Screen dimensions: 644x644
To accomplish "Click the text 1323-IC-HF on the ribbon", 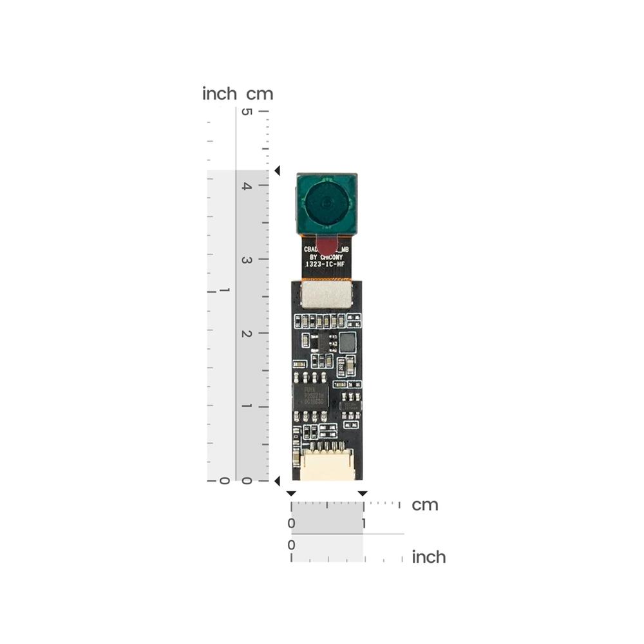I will tap(327, 263).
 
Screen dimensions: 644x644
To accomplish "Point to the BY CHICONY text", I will tap(327, 256).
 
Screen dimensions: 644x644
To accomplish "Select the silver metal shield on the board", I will tap(327, 295).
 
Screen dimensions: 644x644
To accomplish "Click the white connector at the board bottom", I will tap(327, 466).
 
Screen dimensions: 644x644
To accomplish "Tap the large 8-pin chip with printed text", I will tap(310, 395).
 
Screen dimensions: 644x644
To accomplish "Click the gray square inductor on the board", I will tap(348, 342).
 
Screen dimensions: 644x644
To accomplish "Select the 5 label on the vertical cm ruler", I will tap(245, 111).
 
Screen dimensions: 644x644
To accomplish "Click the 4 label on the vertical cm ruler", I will tap(245, 185).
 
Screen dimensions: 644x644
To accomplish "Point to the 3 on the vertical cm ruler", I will tap(245, 260).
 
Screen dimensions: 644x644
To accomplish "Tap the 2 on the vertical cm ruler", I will tap(245, 333).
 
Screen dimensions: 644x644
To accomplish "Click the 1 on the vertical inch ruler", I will tap(225, 291).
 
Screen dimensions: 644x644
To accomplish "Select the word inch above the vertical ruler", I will tap(220, 94).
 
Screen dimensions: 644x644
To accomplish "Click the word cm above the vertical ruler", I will tap(260, 94).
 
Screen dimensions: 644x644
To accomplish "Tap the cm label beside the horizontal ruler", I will tap(425, 505).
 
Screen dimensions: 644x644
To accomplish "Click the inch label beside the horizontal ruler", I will tap(429, 556).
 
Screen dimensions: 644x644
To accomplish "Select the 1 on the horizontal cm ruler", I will tap(364, 524).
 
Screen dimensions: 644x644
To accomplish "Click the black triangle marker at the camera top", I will tap(278, 171).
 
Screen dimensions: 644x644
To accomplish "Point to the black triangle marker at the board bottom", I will tap(278, 480).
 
